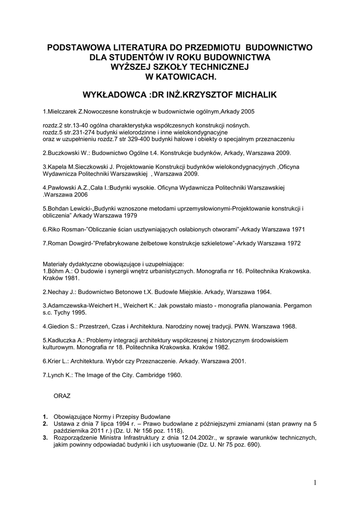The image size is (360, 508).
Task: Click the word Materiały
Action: (x=56, y=264)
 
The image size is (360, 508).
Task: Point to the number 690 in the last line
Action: (x=252, y=445)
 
